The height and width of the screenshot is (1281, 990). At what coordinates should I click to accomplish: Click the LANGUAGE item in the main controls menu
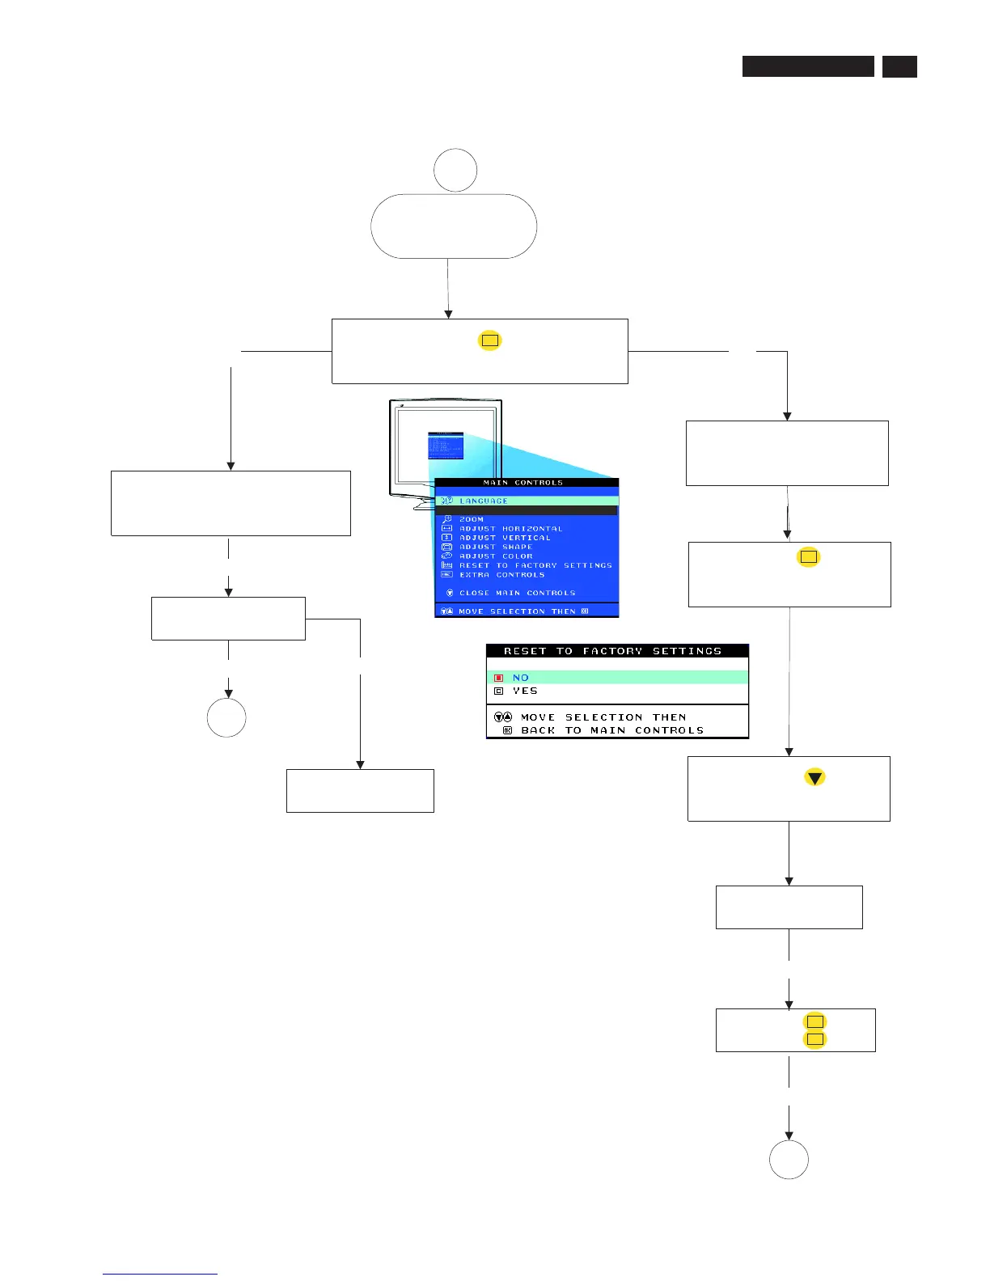pyautogui.click(x=484, y=501)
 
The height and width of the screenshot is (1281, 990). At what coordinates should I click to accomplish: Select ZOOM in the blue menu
pyautogui.click(x=472, y=519)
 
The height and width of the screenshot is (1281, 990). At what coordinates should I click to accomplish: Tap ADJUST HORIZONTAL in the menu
pyautogui.click(x=510, y=529)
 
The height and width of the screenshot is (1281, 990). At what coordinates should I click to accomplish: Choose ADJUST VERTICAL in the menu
pyautogui.click(x=505, y=538)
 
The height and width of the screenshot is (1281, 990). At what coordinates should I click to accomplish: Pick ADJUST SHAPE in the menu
pyautogui.click(x=496, y=547)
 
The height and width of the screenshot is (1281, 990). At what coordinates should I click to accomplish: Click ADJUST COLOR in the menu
pyautogui.click(x=496, y=556)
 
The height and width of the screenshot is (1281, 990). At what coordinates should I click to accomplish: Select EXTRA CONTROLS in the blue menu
pyautogui.click(x=501, y=575)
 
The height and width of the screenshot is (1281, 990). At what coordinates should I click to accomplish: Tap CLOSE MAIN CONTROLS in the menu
pyautogui.click(x=517, y=593)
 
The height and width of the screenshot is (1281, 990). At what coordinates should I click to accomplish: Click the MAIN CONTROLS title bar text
pyautogui.click(x=522, y=483)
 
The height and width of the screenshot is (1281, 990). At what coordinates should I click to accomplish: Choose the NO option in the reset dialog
pyautogui.click(x=521, y=678)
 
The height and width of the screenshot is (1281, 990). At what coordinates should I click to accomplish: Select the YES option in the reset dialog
pyautogui.click(x=525, y=691)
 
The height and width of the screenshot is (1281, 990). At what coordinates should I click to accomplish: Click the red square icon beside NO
pyautogui.click(x=499, y=678)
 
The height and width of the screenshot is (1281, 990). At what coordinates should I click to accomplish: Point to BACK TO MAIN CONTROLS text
pyautogui.click(x=612, y=730)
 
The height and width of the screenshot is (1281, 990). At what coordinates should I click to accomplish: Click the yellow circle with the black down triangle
pyautogui.click(x=814, y=778)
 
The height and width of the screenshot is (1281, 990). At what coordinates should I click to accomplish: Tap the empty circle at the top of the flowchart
pyautogui.click(x=455, y=170)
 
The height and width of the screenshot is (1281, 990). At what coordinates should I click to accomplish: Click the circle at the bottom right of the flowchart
pyautogui.click(x=789, y=1160)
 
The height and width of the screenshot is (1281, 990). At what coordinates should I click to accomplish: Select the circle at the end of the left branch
pyautogui.click(x=226, y=717)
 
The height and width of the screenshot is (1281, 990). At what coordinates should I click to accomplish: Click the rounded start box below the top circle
pyautogui.click(x=454, y=226)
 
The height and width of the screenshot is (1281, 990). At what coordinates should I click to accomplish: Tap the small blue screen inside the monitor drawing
pyautogui.click(x=446, y=446)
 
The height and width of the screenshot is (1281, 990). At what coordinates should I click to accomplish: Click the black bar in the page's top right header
pyautogui.click(x=808, y=66)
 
